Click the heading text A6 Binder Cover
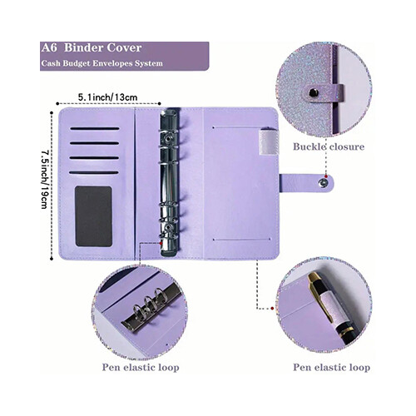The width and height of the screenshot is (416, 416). tap(92, 48)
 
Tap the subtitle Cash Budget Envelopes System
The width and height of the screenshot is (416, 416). tap(102, 63)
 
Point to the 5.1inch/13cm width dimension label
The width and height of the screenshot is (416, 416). tap(107, 97)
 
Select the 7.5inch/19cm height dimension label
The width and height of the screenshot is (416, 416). tap(44, 180)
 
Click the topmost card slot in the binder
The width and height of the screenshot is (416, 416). tap(95, 129)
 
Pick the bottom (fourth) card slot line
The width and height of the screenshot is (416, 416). tap(94, 172)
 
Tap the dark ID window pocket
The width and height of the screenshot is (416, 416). tap(94, 216)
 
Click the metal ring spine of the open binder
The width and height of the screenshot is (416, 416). tap(169, 182)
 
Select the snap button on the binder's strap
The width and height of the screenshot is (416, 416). tap(323, 183)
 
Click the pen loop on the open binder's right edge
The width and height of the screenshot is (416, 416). tap(268, 141)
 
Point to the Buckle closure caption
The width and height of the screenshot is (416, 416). tap(329, 146)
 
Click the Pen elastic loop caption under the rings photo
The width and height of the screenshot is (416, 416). tap(141, 368)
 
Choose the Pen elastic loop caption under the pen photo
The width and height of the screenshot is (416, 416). tap(332, 368)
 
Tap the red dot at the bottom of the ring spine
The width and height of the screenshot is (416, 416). tap(161, 243)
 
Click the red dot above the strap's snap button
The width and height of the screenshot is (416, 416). tap(326, 176)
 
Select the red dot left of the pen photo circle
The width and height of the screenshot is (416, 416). tap(272, 308)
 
